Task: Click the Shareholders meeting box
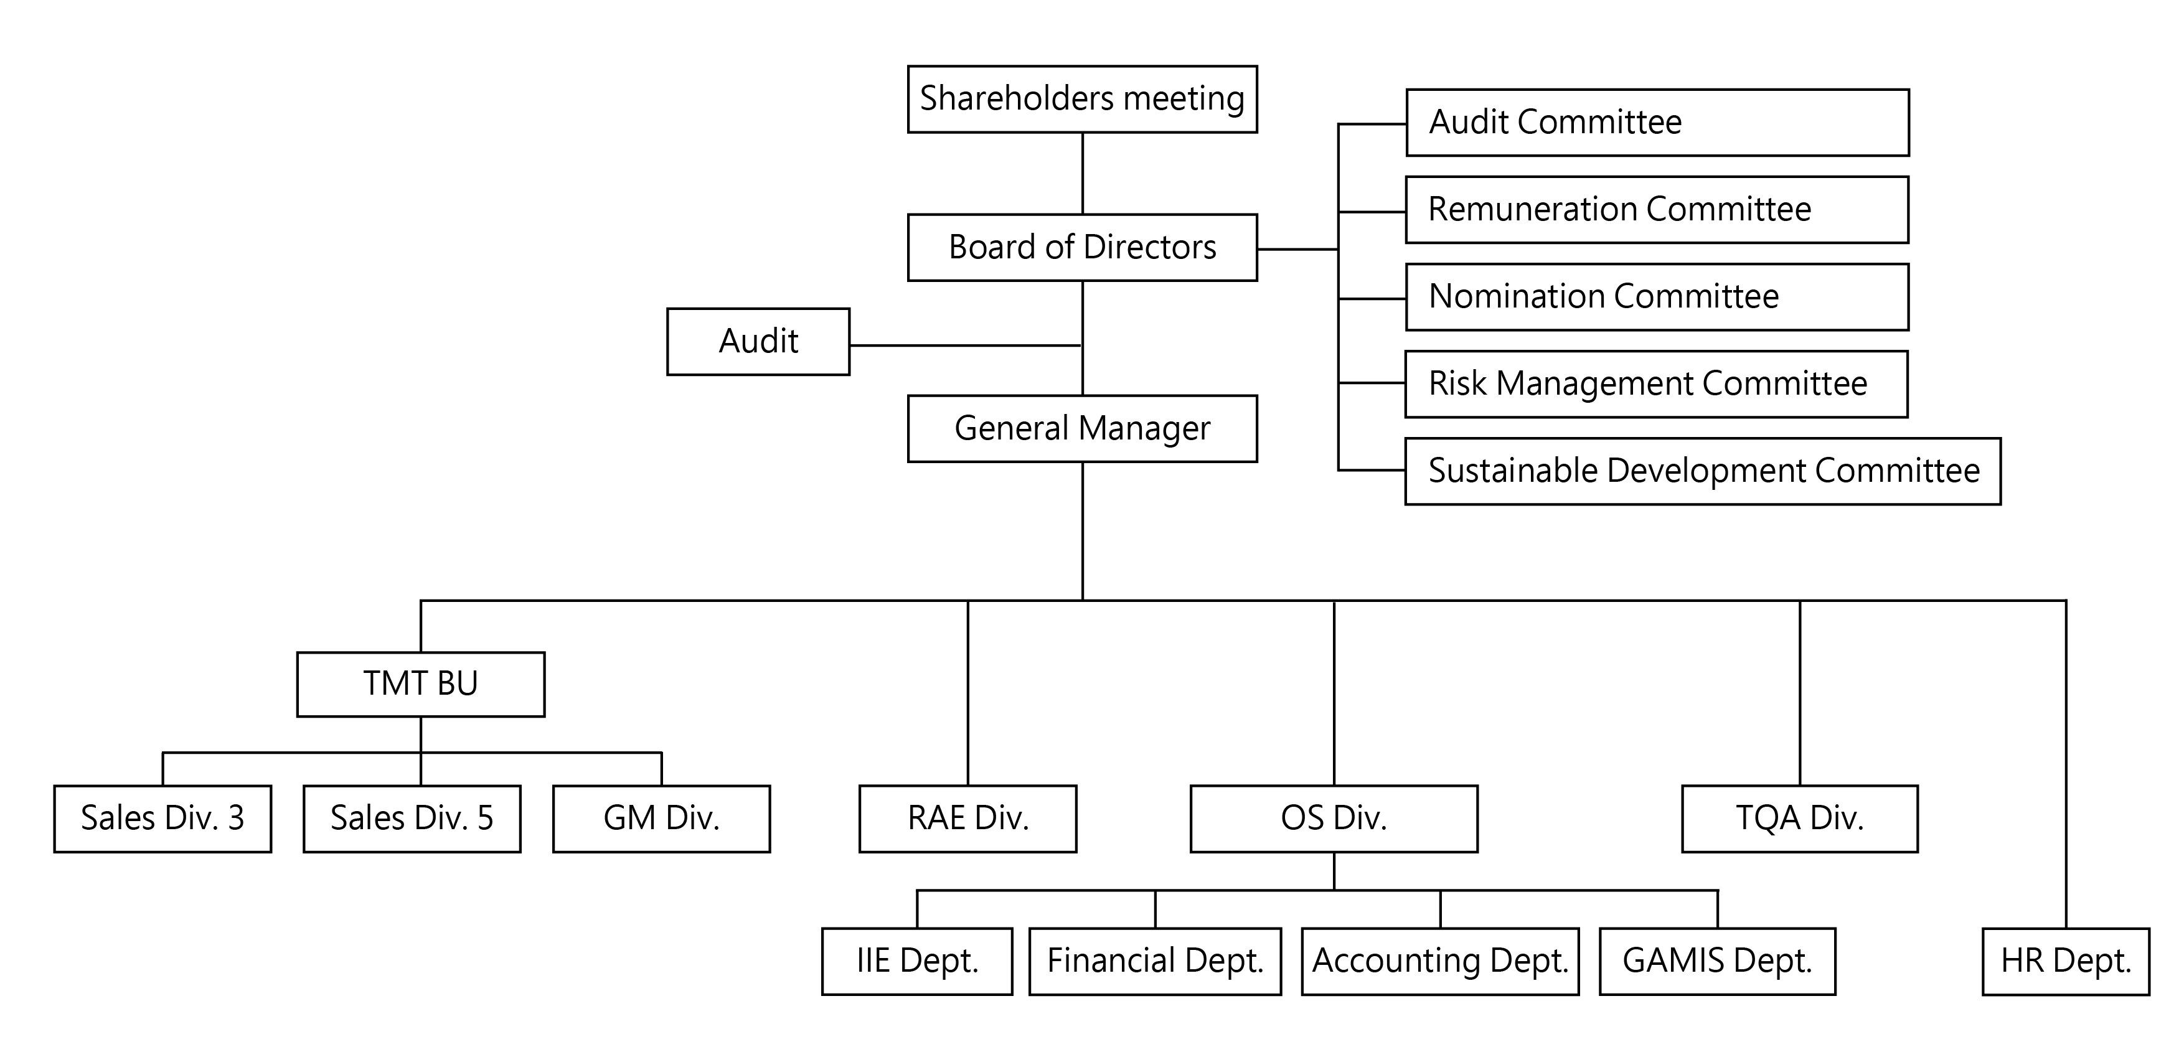point(1082,99)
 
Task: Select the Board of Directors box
point(1082,248)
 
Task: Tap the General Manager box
point(1082,428)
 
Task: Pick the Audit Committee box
point(1657,123)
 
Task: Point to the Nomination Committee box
point(1657,297)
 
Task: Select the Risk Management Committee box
point(1656,384)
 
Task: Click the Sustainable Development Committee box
point(1702,471)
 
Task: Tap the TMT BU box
point(420,684)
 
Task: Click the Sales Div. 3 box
point(162,818)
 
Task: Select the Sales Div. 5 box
point(412,818)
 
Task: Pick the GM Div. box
point(661,818)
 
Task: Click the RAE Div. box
point(967,818)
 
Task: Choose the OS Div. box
point(1334,818)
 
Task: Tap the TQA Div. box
point(1799,818)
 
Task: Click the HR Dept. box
point(2065,961)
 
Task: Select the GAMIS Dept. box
point(1717,961)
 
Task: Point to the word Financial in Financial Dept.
point(1111,961)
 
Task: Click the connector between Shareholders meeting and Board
point(1083,174)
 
